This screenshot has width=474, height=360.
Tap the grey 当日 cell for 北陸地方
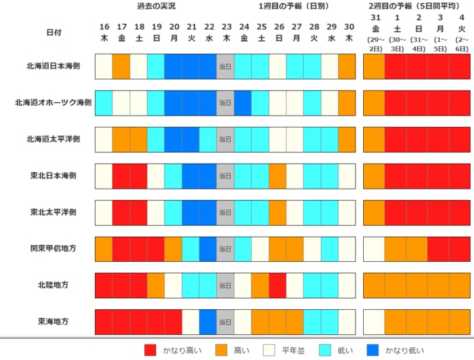pyautogui.click(x=225, y=285)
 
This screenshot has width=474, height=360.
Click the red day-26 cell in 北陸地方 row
pyautogui.click(x=277, y=285)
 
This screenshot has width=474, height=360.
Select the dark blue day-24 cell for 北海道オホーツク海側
pyautogui.click(x=243, y=103)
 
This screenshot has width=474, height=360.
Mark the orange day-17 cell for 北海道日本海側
pyautogui.click(x=121, y=66)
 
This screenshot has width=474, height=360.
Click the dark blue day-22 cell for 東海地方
pyautogui.click(x=208, y=321)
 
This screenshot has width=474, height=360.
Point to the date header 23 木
pyautogui.click(x=225, y=32)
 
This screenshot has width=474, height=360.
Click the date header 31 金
pyautogui.click(x=375, y=32)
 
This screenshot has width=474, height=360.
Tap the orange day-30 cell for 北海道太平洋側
pyautogui.click(x=346, y=139)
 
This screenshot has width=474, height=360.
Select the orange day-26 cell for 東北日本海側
pyautogui.click(x=277, y=175)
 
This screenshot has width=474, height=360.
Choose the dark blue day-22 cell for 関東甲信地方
pyautogui.click(x=208, y=248)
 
